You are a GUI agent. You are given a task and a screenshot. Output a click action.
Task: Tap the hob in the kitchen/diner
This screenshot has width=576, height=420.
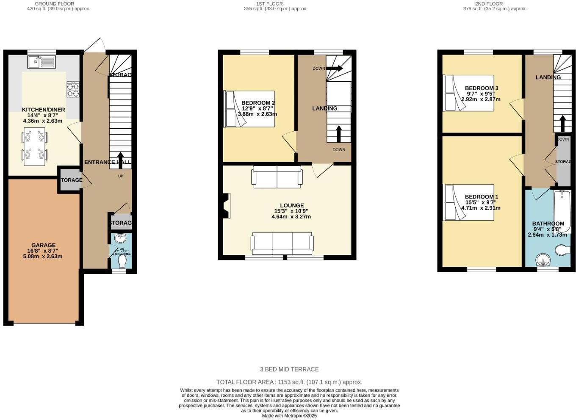(72, 89)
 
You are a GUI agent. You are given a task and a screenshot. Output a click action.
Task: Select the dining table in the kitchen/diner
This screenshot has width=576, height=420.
(34, 146)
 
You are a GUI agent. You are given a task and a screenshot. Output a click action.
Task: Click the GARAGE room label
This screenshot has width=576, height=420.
(43, 245)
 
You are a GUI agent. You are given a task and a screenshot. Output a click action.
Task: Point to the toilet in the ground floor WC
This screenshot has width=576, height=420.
(122, 261)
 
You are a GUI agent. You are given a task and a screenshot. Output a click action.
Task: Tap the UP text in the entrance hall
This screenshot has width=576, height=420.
(120, 176)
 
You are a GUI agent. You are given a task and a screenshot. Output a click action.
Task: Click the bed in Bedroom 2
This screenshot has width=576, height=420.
(249, 109)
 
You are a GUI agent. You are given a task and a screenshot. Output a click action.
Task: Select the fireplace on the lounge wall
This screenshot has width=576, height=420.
(226, 206)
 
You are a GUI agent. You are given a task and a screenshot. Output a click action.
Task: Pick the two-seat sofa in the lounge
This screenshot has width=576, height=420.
(277, 177)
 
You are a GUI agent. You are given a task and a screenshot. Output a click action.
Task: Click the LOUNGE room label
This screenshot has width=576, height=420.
(291, 206)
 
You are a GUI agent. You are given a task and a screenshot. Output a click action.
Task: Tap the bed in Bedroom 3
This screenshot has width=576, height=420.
(468, 93)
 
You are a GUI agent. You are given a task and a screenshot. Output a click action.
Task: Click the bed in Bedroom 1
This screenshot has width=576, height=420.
(468, 202)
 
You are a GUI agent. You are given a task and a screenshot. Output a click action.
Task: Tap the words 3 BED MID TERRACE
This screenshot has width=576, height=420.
(289, 369)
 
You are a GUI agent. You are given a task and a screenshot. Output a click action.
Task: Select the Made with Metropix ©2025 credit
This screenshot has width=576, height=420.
(289, 416)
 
